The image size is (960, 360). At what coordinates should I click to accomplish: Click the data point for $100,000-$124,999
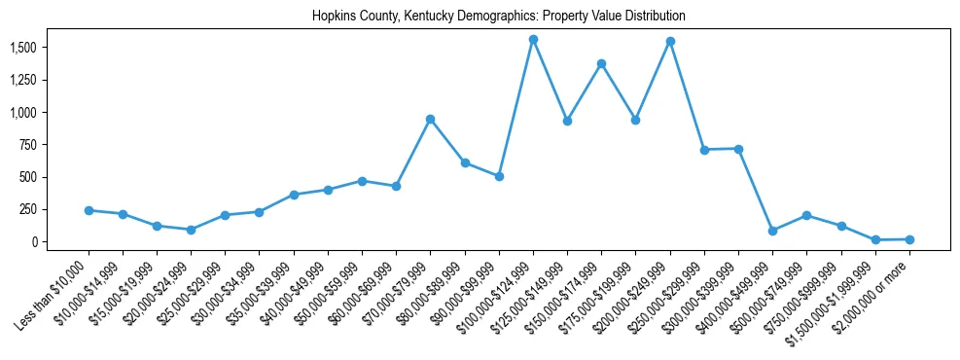[533, 40]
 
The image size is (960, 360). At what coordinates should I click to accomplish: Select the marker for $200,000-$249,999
[670, 42]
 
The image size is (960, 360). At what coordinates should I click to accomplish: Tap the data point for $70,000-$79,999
[430, 120]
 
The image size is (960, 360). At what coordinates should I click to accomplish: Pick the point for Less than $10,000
[89, 210]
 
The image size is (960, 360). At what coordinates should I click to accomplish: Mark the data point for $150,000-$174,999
[601, 64]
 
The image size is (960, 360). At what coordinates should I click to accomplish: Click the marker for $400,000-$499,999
[772, 231]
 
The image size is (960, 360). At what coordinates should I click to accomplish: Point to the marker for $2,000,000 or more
[909, 239]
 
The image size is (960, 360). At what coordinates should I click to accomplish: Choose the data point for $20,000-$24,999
[191, 230]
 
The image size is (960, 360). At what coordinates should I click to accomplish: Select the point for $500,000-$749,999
[806, 215]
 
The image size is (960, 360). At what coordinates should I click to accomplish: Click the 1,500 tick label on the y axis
[22, 48]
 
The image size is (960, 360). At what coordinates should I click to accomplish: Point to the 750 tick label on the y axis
[28, 145]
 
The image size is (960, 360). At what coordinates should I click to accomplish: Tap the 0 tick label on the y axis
[33, 241]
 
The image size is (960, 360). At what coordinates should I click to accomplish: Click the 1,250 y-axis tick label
[22, 80]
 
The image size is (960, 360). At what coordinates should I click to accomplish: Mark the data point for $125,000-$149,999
[567, 122]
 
